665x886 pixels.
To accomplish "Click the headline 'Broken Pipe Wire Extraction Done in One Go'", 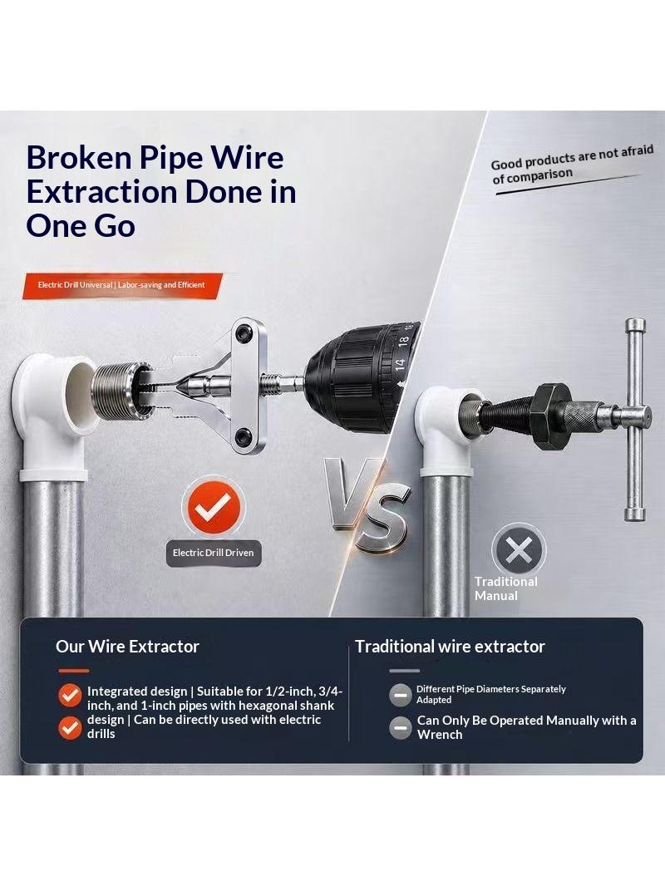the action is tap(161, 191).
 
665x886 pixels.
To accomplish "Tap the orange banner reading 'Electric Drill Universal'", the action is tap(122, 285).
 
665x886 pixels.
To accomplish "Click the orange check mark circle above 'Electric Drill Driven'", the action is tap(214, 505).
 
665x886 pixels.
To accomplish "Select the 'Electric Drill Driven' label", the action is tap(213, 554).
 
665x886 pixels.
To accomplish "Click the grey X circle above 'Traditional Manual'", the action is tap(519, 549).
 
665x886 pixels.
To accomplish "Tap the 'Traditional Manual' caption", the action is tap(505, 588).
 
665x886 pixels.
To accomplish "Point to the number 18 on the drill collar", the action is tap(403, 342).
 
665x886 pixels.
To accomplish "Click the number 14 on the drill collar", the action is tap(400, 365).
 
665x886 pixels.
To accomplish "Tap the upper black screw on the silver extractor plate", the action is tap(244, 332).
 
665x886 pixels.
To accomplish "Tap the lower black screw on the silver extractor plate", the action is tap(244, 436).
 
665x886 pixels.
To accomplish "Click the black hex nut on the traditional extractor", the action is tap(551, 416).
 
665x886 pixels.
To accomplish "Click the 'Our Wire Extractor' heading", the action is tap(127, 647).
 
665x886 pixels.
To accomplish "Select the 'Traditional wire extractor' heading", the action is tap(450, 647).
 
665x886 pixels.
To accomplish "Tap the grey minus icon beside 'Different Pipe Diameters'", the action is tap(401, 695).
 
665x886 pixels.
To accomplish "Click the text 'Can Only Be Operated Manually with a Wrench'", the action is tap(526, 727).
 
